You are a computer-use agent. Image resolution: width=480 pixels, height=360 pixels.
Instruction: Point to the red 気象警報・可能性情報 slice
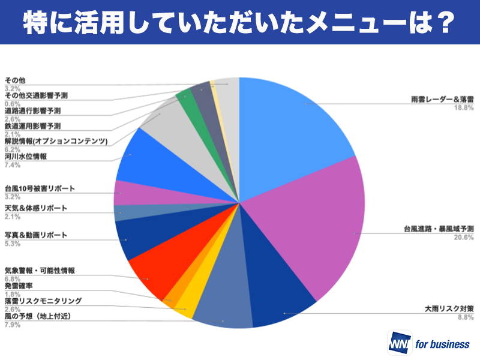point(153,270)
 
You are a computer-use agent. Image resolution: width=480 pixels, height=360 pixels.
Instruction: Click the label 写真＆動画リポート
point(36,235)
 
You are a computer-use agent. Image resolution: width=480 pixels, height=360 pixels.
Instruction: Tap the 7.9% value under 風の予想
point(13,325)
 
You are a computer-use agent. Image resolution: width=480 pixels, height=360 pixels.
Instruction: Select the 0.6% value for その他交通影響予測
point(13,103)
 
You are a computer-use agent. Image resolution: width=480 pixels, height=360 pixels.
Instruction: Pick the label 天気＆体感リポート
point(36,208)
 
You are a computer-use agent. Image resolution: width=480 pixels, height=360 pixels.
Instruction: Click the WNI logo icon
point(400,344)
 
